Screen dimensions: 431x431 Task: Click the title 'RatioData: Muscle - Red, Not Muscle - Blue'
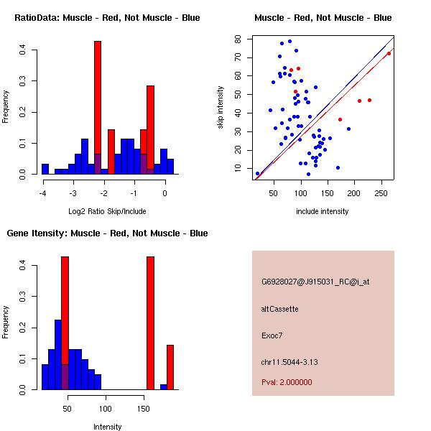coord(107,17)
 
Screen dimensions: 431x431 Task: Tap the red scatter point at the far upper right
coord(389,53)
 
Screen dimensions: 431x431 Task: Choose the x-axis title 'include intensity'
coord(323,211)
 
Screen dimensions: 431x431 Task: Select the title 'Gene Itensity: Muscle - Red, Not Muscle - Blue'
coord(107,233)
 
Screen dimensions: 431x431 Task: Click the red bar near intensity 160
coord(151,323)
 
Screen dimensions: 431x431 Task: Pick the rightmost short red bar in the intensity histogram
coord(170,367)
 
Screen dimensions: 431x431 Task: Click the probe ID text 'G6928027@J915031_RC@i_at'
coord(315,282)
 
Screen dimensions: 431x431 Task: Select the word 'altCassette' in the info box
coord(280,308)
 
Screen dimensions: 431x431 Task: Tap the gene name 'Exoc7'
coord(272,335)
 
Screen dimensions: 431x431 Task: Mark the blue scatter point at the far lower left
coord(258,173)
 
